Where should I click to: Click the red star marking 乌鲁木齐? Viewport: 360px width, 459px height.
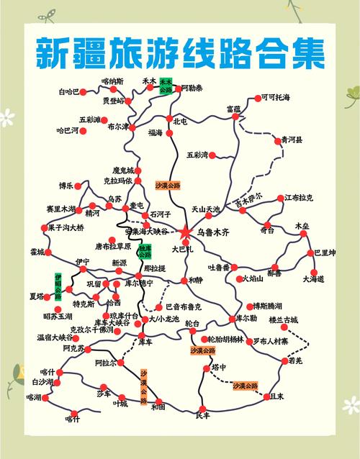coord(185,232)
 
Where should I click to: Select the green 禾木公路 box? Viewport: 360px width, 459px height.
coord(166,86)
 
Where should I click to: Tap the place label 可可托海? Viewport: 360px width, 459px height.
coord(276,97)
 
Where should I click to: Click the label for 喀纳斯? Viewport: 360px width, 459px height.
coord(112,81)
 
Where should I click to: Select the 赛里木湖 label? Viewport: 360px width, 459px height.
coord(60,209)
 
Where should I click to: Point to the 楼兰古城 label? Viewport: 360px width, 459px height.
coord(283,319)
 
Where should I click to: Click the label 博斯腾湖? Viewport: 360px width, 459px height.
coord(266,306)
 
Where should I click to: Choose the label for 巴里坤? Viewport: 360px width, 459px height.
coord(325,253)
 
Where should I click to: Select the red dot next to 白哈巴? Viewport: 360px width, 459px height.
coord(83,92)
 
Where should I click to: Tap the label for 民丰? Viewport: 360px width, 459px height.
coord(202,415)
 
